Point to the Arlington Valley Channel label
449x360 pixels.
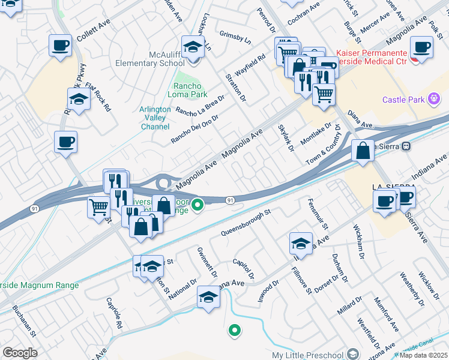(155, 118)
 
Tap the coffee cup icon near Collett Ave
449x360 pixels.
(60, 45)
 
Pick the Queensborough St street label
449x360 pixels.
(247, 223)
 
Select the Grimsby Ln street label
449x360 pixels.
(235, 36)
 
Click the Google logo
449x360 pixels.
(20, 353)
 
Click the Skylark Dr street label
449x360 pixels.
(286, 137)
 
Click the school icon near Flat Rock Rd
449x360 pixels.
(79, 98)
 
